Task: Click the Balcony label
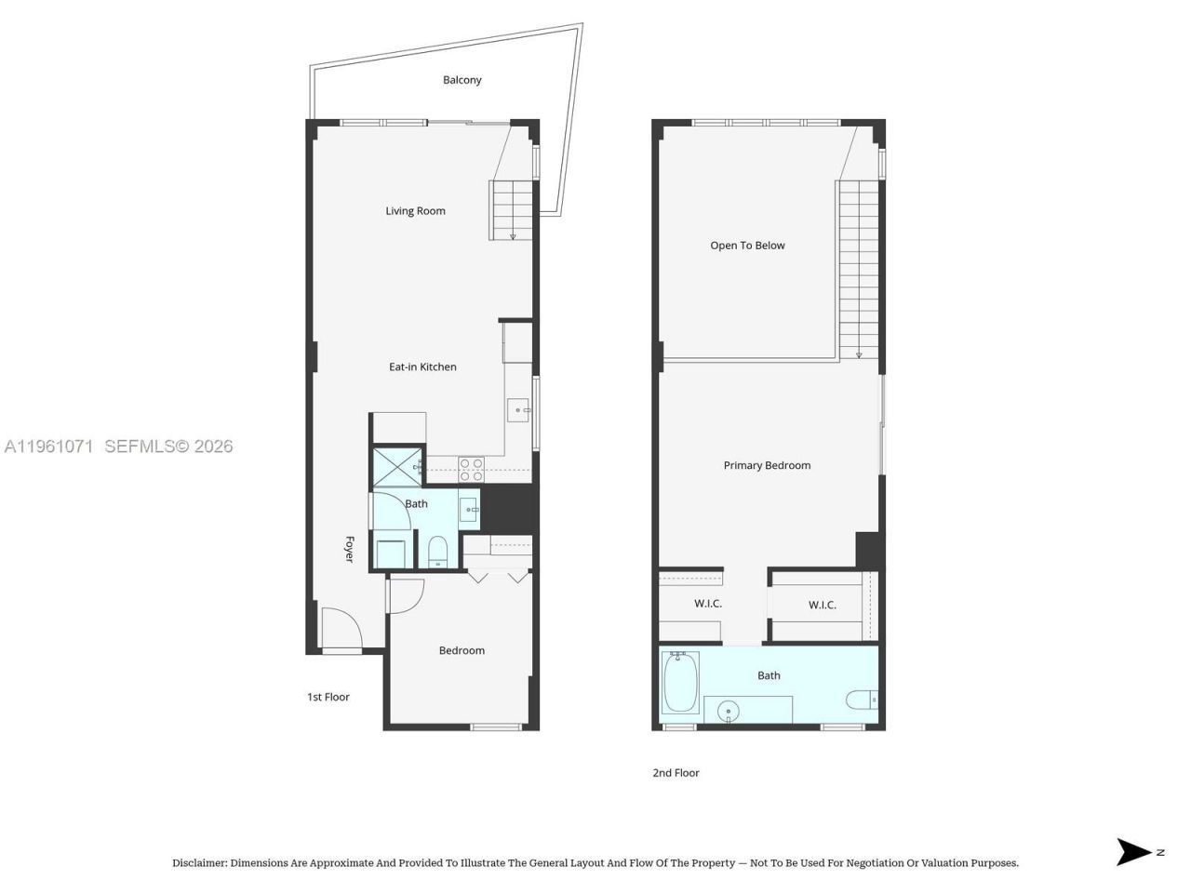pos(462,80)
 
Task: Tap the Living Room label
pos(415,211)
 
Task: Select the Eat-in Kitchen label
pos(422,367)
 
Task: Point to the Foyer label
pos(350,549)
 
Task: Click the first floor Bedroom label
pos(462,650)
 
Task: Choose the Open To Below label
pos(747,246)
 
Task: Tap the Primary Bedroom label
pos(767,465)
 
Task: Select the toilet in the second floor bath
pos(862,699)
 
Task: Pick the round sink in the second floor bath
pos(729,712)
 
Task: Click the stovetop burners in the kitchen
pos(471,467)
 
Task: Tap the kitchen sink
pos(517,410)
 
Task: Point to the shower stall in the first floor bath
pos(395,468)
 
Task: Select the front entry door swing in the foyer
pos(341,628)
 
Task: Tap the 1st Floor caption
pos(328,697)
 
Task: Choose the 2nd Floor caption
pos(676,773)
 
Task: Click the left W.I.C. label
pos(708,604)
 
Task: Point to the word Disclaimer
pos(199,863)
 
